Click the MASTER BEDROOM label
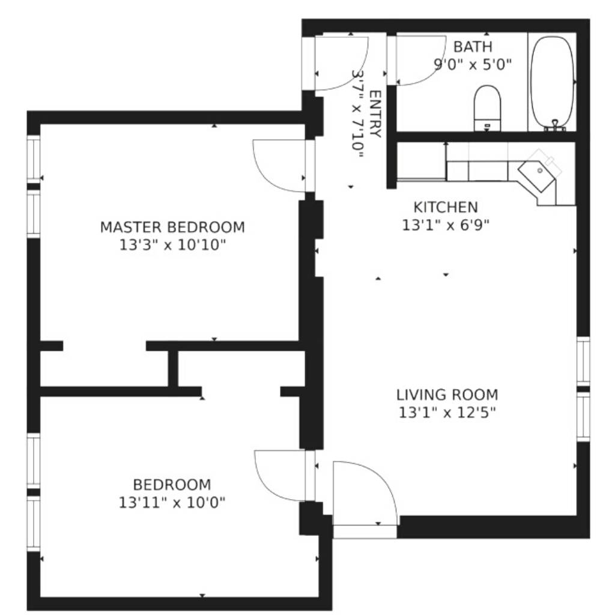tap(172, 227)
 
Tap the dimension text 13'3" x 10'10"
tap(172, 245)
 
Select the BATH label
tap(473, 47)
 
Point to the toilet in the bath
tap(488, 108)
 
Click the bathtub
tap(553, 82)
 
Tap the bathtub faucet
tap(555, 125)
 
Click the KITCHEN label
tap(446, 207)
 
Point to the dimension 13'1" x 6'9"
tap(446, 225)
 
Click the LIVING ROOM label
tap(447, 395)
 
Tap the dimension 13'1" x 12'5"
tap(447, 413)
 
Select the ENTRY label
tap(375, 114)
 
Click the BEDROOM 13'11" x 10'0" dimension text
tap(172, 503)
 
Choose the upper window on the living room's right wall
tap(583, 361)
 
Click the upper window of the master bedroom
tap(34, 159)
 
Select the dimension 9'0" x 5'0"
tap(473, 64)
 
